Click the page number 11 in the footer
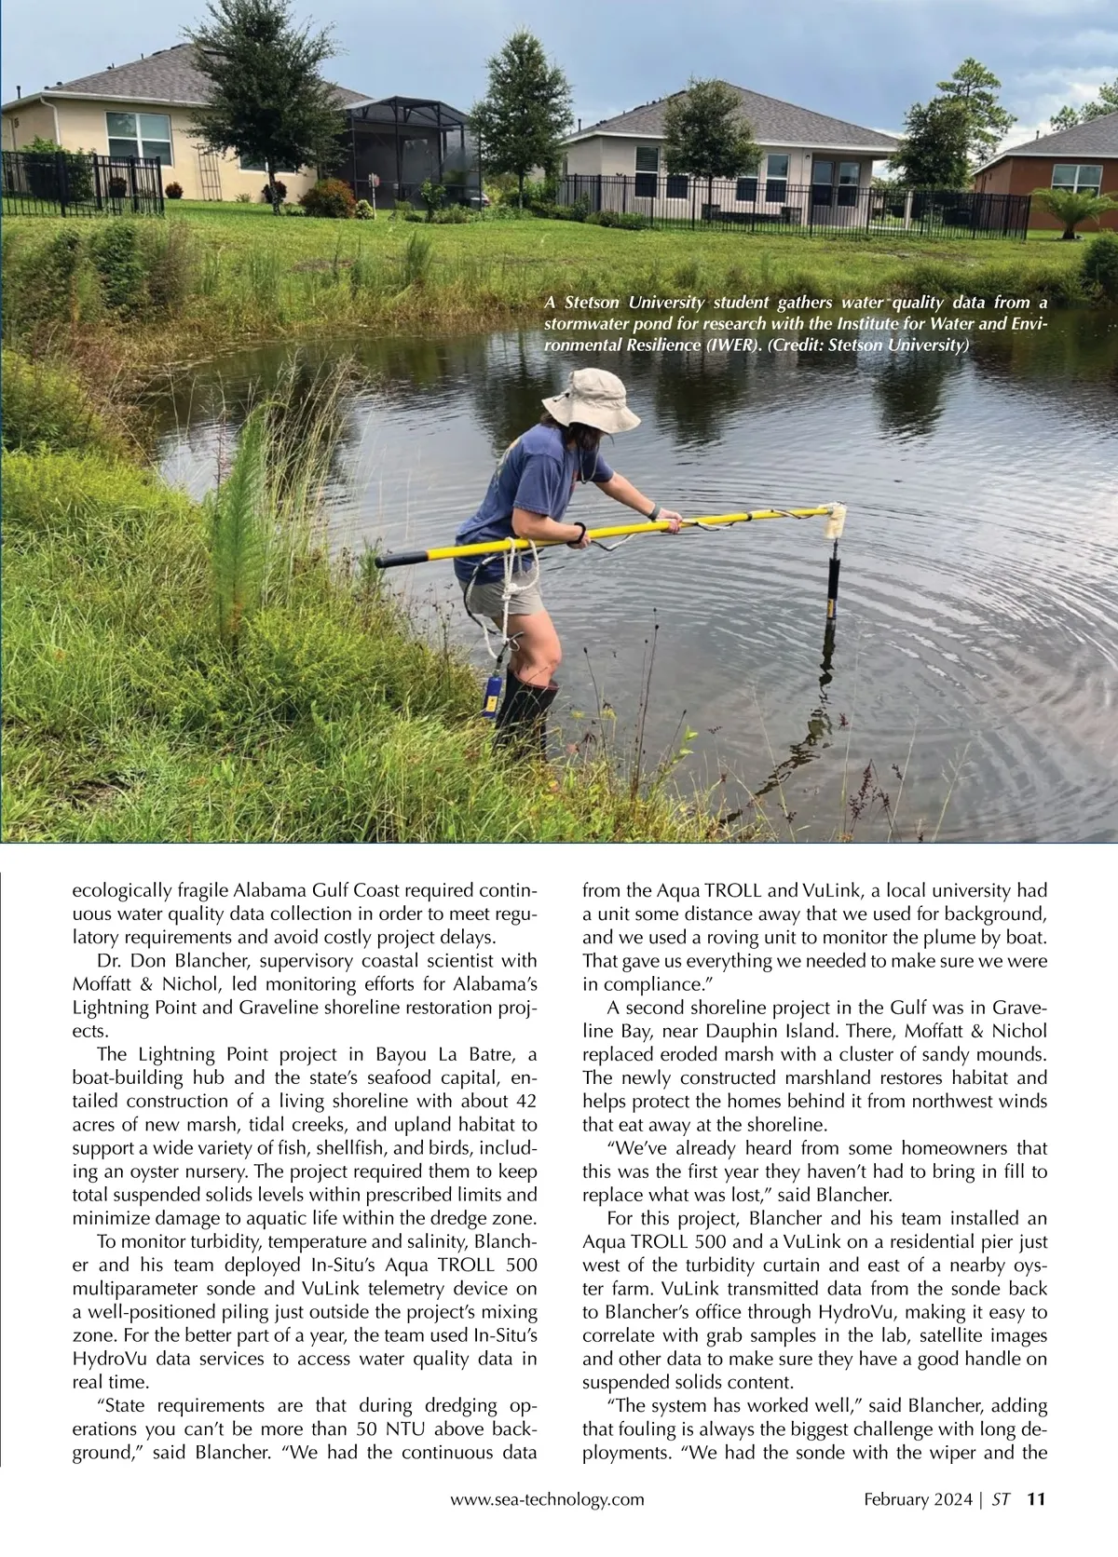tap(1037, 1499)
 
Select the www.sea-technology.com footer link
tap(547, 1499)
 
